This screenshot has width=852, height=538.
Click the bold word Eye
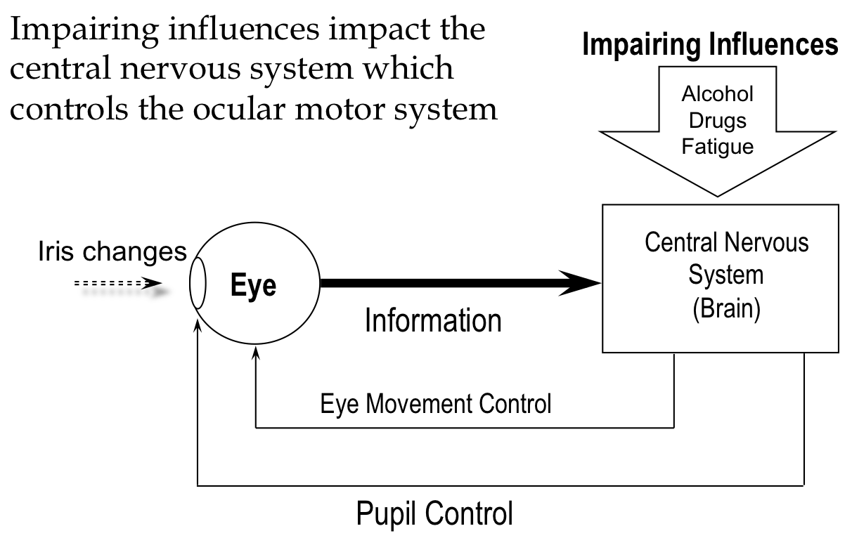pos(253,286)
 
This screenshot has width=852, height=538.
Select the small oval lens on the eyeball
pos(198,283)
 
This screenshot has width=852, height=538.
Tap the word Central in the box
pos(680,243)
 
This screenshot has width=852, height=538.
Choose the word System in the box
pos(725,275)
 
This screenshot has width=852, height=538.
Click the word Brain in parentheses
pos(727,308)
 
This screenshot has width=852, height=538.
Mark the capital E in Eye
pos(238,286)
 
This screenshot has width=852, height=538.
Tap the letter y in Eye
pos(254,289)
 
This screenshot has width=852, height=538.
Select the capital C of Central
pos(652,243)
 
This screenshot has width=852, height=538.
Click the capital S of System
pos(695,275)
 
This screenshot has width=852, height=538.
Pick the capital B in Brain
pos(705,308)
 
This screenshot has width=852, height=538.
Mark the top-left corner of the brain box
pos(604,206)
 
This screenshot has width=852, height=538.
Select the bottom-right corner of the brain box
pos(837,350)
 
